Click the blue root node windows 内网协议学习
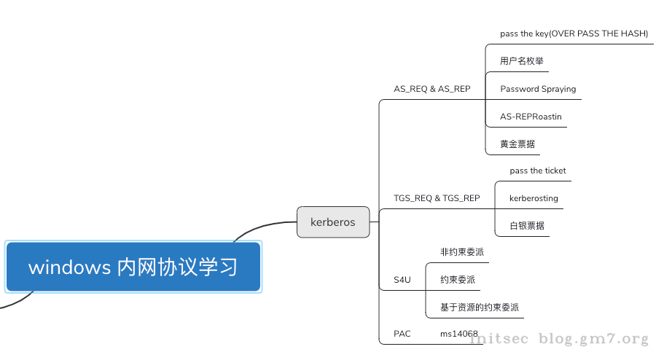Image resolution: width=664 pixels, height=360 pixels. tap(133, 267)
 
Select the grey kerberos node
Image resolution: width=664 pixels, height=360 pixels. tap(333, 222)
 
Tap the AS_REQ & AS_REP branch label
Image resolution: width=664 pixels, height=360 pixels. tap(431, 89)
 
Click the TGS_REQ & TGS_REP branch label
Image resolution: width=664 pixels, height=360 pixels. tap(436, 198)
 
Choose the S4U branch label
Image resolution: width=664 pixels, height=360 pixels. tap(402, 280)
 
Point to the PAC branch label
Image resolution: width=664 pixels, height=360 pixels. tap(402, 334)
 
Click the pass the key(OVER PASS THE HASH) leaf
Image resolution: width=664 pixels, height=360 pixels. tap(574, 34)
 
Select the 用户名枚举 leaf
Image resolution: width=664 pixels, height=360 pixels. tap(521, 61)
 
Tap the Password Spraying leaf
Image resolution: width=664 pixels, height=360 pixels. tap(538, 89)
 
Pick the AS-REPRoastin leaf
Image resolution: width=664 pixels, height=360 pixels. tap(531, 117)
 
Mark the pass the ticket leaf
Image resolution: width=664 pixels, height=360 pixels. tap(538, 171)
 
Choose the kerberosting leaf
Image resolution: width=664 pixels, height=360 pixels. tap(534, 198)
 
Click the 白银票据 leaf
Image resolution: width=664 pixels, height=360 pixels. tap(526, 226)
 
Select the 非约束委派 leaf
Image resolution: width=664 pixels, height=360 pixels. tap(461, 252)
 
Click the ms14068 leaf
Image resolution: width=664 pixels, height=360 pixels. tap(458, 334)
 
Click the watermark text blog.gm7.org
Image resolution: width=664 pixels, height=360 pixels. tap(593, 339)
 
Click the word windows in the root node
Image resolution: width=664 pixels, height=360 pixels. tap(69, 267)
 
